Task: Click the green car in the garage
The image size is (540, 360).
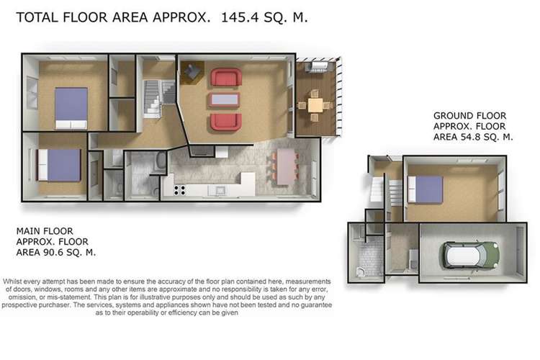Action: click(471, 255)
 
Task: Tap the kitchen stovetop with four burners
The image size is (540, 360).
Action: click(179, 190)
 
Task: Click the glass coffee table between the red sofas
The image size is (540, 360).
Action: click(225, 99)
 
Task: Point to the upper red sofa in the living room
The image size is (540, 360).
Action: click(226, 77)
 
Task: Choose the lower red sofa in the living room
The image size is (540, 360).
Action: click(225, 122)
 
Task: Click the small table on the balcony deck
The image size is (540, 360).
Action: click(315, 105)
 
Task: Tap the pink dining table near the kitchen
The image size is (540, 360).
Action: click(287, 166)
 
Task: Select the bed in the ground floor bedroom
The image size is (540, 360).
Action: click(425, 189)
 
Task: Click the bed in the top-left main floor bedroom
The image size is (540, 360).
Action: click(71, 108)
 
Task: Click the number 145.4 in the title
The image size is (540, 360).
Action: click(240, 17)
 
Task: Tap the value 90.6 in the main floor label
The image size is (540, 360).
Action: click(53, 252)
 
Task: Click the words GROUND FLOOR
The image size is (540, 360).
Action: click(469, 115)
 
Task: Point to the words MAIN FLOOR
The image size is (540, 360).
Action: click(45, 231)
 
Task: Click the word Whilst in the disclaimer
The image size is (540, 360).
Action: click(13, 282)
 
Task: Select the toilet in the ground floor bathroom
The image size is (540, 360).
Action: click(360, 272)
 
